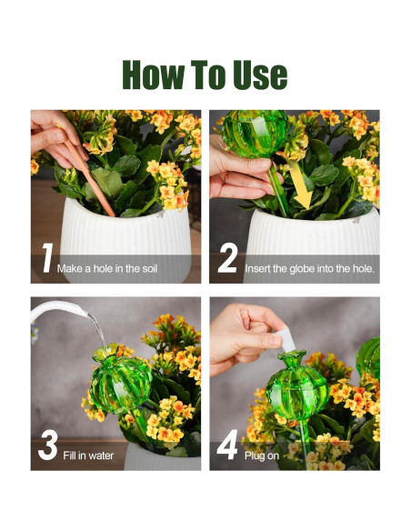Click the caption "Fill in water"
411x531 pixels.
coord(88,456)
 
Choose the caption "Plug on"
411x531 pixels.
coord(260,456)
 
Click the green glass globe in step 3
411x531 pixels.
coord(119,383)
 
